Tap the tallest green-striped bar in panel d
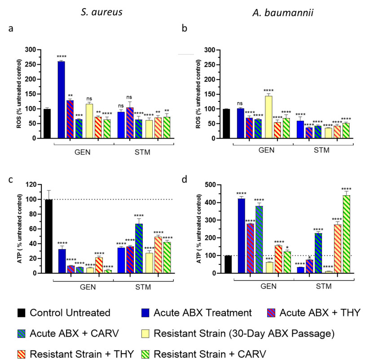(x=346, y=234)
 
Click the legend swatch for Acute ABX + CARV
(x=21, y=334)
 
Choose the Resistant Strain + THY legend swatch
(x=21, y=353)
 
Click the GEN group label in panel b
(x=266, y=150)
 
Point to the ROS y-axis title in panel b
(x=200, y=94)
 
